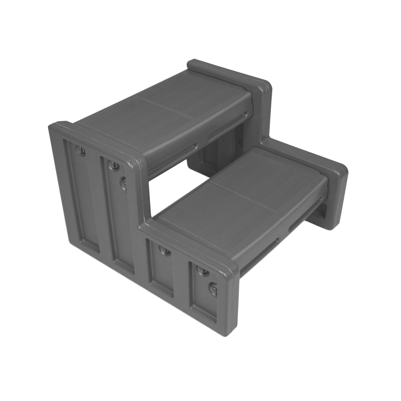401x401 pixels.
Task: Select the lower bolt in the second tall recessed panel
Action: pos(124,183)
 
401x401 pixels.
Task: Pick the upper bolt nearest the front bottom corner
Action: pos(202,270)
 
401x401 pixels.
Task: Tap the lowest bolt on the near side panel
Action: pos(213,288)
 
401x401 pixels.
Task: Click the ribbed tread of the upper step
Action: pos(167,108)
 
